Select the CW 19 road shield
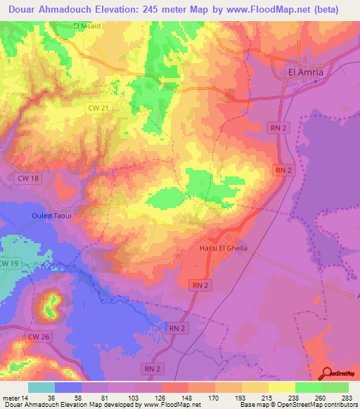point(8,263)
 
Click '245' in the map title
point(184,9)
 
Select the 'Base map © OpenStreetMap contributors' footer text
point(297,405)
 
